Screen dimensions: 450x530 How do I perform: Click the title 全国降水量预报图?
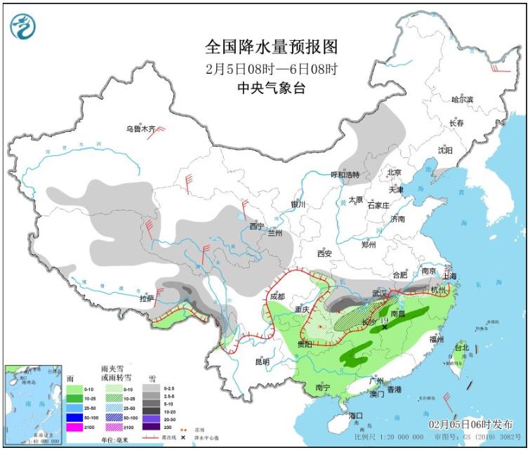click(272, 47)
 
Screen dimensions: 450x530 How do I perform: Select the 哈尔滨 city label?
click(463, 100)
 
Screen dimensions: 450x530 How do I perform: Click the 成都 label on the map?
click(277, 296)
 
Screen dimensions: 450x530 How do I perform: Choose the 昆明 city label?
click(262, 362)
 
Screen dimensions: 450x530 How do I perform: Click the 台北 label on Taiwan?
click(461, 348)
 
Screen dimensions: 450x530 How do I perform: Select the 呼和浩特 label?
click(345, 175)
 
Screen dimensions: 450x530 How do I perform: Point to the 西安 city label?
click(324, 253)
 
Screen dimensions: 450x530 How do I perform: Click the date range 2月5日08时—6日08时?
click(272, 69)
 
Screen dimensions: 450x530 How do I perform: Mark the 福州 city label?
click(436, 339)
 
